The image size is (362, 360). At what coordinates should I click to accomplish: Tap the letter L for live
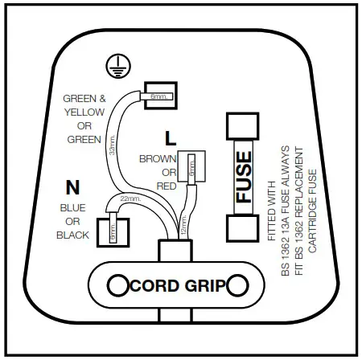pyautogui.click(x=170, y=137)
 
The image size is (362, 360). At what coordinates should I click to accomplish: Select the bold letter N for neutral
pyautogui.click(x=73, y=188)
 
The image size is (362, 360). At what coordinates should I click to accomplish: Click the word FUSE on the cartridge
pyautogui.click(x=243, y=177)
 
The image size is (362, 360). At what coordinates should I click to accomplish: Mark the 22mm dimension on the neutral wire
pyautogui.click(x=130, y=198)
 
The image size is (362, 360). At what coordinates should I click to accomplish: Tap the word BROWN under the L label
pyautogui.click(x=158, y=159)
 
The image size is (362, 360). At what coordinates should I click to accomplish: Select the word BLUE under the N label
pyautogui.click(x=73, y=209)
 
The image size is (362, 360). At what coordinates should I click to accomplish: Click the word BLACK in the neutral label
pyautogui.click(x=73, y=235)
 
